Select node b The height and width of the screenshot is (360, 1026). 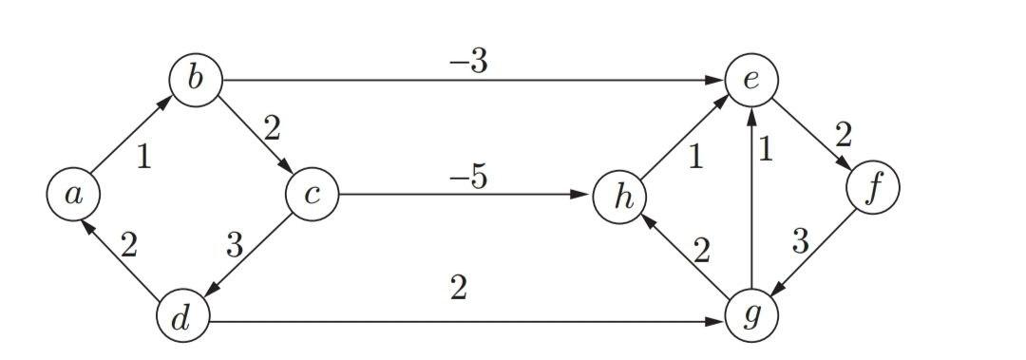[x=196, y=80]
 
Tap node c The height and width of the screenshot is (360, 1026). [x=312, y=195]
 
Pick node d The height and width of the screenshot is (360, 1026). [x=182, y=319]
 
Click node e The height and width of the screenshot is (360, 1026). [x=751, y=80]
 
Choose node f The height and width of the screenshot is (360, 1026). [x=872, y=189]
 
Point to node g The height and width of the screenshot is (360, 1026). [x=751, y=314]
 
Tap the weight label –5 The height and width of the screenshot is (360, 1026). [x=467, y=178]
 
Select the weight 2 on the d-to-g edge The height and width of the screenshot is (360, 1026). [x=459, y=289]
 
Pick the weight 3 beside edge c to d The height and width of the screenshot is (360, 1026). [x=236, y=247]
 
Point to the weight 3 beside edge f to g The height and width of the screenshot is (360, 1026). [x=800, y=243]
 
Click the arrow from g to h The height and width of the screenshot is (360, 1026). [x=686, y=256]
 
